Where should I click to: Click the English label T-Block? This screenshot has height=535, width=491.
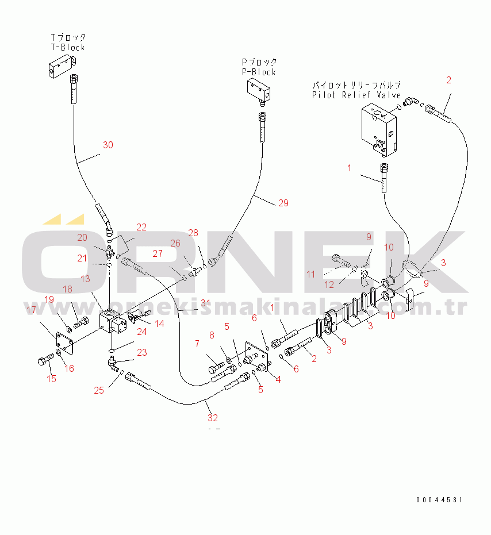tap(68, 47)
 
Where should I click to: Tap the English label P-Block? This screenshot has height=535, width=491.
tap(259, 72)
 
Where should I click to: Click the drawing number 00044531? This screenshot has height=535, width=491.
tap(439, 500)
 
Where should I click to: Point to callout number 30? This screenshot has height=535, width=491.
tap(108, 145)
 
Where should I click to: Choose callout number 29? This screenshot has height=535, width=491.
tap(282, 203)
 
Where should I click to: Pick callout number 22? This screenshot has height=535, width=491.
tap(141, 228)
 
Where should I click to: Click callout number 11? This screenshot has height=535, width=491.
tap(310, 275)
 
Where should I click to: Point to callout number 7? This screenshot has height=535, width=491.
tap(197, 344)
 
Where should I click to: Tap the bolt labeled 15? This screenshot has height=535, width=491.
tap(45, 361)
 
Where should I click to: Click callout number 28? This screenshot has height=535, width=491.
tap(193, 233)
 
